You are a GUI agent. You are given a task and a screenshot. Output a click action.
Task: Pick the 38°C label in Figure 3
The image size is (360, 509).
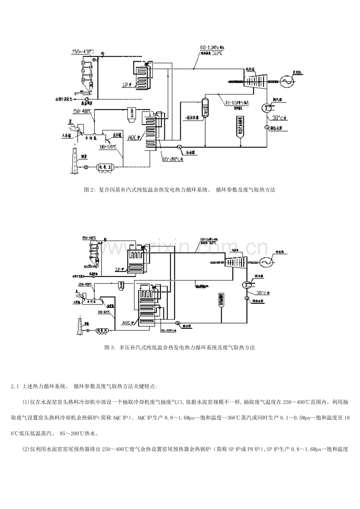(x=261, y=292)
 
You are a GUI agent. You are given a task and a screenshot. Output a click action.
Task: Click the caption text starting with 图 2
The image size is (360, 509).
(x=180, y=190)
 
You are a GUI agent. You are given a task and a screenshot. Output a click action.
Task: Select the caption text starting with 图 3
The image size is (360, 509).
(x=180, y=347)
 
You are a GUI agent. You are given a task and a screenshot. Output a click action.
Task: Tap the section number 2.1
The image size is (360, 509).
(x=15, y=387)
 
